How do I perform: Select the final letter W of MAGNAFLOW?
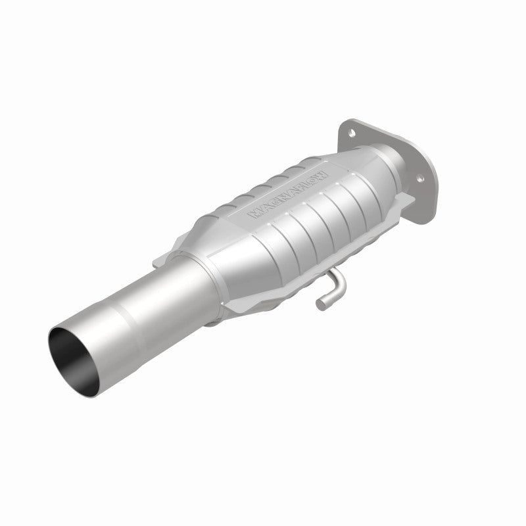[x=322, y=160]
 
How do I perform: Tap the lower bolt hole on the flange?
[x=418, y=176]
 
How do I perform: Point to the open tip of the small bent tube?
[x=320, y=303]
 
